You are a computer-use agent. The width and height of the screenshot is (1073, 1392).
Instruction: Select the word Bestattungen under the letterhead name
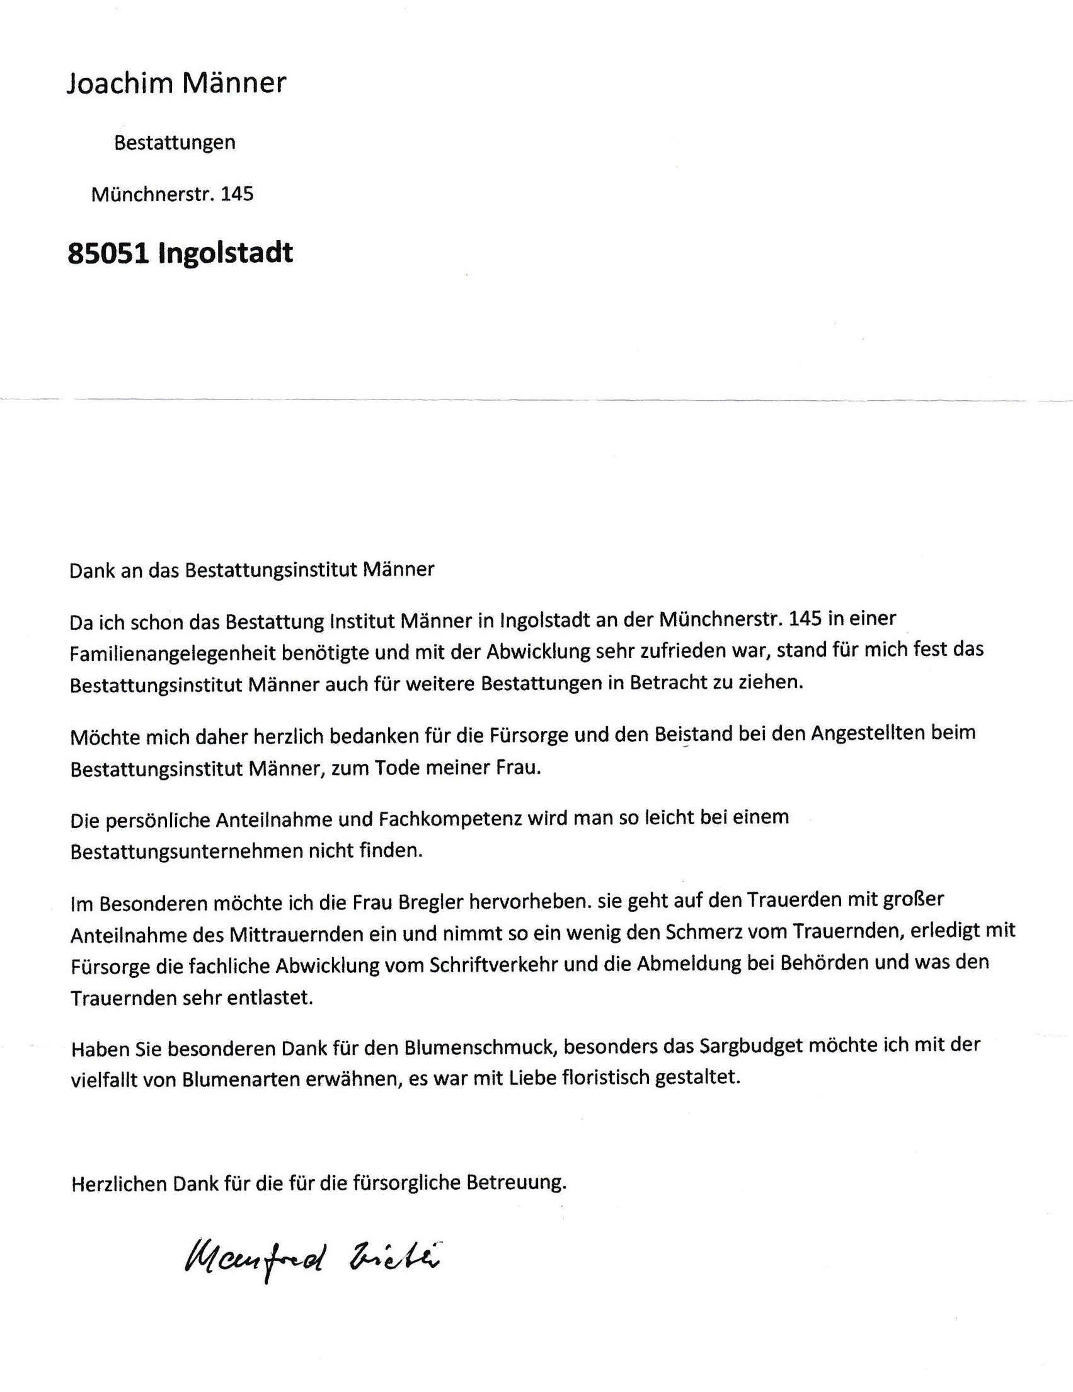(175, 142)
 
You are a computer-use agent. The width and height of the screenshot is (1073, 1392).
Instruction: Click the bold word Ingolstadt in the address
(226, 253)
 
